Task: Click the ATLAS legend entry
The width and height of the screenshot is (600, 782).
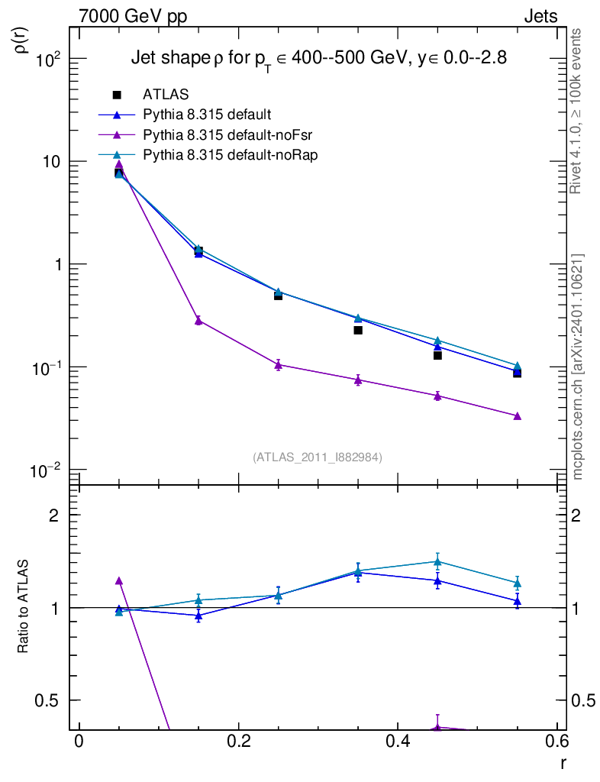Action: pyautogui.click(x=166, y=95)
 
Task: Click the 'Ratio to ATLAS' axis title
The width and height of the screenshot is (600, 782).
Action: pyautogui.click(x=23, y=607)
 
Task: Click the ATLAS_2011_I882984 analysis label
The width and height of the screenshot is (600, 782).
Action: pyautogui.click(x=318, y=457)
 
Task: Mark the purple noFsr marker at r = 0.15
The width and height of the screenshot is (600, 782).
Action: pyautogui.click(x=198, y=321)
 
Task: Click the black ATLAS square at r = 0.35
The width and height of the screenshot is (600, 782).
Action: pyautogui.click(x=358, y=330)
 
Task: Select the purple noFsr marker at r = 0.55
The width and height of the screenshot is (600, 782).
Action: pyautogui.click(x=518, y=416)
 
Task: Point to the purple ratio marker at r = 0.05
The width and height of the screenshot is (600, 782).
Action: pyautogui.click(x=119, y=581)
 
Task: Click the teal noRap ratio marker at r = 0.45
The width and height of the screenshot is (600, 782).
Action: pyautogui.click(x=437, y=562)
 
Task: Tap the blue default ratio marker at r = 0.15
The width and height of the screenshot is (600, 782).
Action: pyautogui.click(x=198, y=616)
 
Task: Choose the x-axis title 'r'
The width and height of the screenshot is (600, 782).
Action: pyautogui.click(x=564, y=761)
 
